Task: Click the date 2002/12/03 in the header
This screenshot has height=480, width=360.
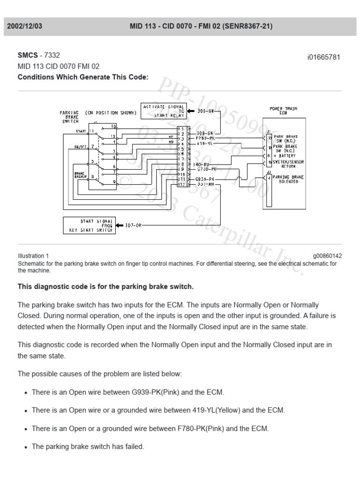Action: click(x=25, y=27)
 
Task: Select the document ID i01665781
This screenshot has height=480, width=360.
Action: click(x=323, y=57)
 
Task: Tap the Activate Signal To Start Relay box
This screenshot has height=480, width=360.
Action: click(x=164, y=112)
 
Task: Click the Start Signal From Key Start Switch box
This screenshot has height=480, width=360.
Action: click(x=89, y=225)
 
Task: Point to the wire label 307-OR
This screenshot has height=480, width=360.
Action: click(x=133, y=225)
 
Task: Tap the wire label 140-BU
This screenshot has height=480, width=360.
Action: click(x=201, y=165)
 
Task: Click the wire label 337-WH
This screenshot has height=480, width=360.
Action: click(x=206, y=184)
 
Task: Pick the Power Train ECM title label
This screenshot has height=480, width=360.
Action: click(x=283, y=111)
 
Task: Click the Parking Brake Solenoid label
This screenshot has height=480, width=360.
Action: click(x=288, y=179)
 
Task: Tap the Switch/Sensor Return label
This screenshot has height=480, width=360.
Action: click(x=288, y=164)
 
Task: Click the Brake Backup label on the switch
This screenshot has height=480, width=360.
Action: click(x=80, y=175)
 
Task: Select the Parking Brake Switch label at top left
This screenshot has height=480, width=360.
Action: click(x=69, y=117)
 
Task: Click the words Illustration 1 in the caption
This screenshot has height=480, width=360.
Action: click(x=33, y=256)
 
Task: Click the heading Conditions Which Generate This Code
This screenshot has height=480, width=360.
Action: click(x=83, y=77)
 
